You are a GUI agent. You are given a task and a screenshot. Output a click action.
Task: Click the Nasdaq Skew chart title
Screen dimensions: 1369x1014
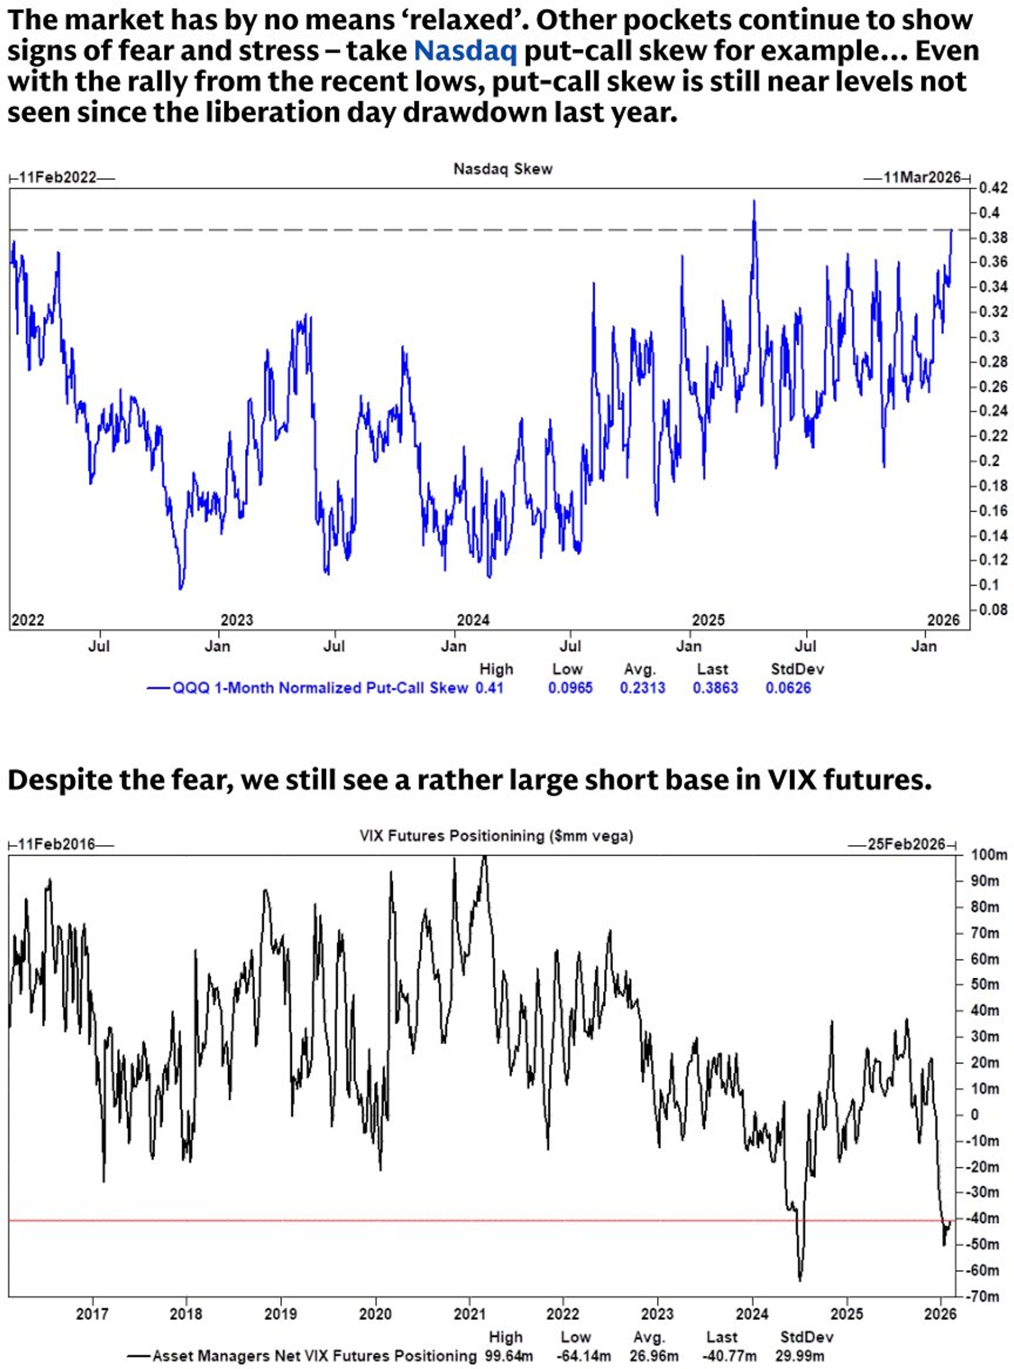click(x=503, y=169)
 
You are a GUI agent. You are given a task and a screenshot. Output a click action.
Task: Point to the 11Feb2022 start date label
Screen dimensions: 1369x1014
click(x=58, y=178)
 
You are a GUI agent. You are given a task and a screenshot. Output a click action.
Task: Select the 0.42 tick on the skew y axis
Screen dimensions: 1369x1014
click(x=990, y=188)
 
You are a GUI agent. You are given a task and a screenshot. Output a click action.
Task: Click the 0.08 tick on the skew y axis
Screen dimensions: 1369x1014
click(x=990, y=610)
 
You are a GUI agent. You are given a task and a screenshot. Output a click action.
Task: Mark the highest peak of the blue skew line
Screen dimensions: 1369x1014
click(x=754, y=201)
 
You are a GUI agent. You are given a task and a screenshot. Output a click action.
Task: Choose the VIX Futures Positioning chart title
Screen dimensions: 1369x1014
click(x=496, y=836)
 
